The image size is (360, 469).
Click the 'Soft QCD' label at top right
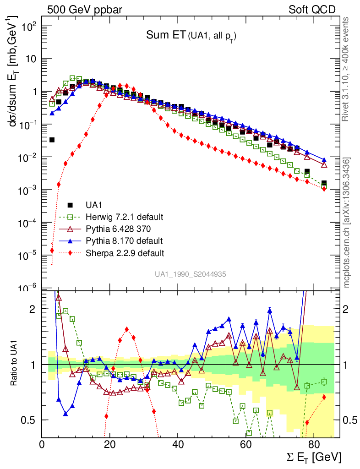pos(312,10)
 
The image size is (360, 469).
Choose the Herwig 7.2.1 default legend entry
pos(125,217)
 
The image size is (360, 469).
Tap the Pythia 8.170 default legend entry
pos(124,240)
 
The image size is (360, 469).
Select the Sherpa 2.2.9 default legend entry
pos(125,252)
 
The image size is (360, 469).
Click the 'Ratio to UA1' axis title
pos(15,365)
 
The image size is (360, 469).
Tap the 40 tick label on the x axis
pos(178,444)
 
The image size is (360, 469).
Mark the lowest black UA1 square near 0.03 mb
pos(52,140)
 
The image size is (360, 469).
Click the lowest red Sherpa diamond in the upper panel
pos(52,251)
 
